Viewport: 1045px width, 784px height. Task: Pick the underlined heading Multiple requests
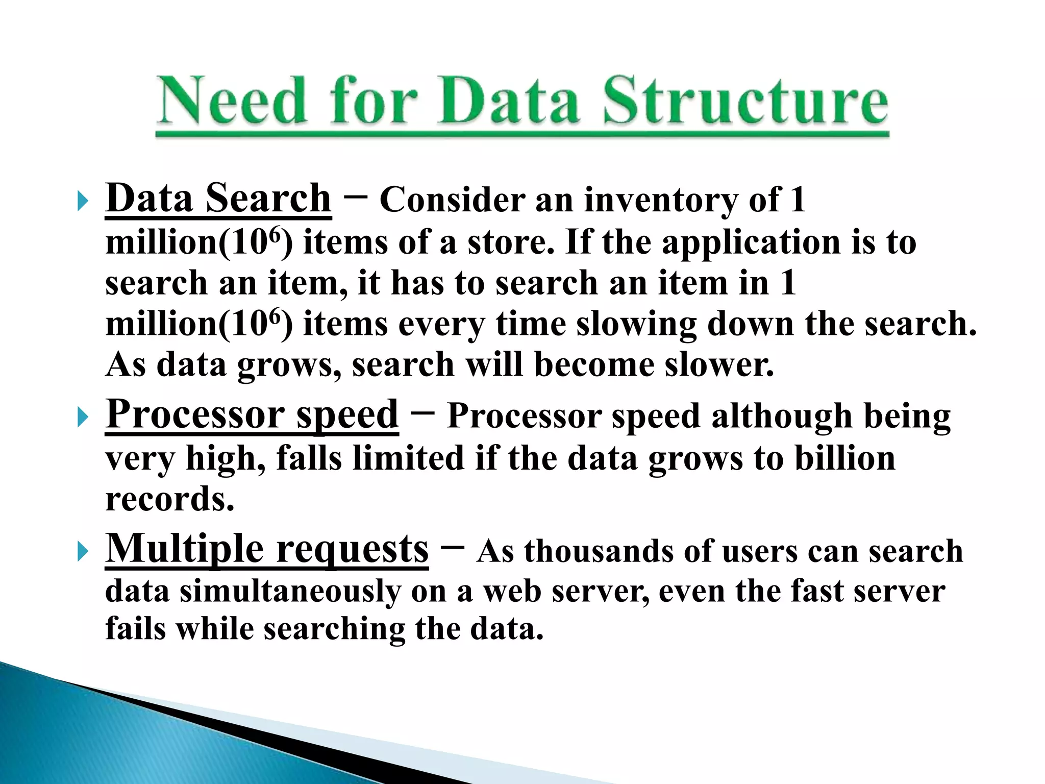pyautogui.click(x=267, y=549)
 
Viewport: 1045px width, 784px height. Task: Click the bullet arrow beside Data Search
pyautogui.click(x=82, y=201)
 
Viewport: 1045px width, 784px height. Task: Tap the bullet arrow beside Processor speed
pyautogui.click(x=82, y=418)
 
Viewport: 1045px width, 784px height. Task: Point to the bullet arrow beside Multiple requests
pyautogui.click(x=82, y=552)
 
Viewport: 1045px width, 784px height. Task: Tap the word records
pyautogui.click(x=169, y=499)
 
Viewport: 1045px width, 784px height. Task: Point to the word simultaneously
pyautogui.click(x=290, y=592)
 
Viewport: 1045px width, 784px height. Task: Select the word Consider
pyautogui.click(x=452, y=200)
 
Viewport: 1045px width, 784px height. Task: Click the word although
pyautogui.click(x=782, y=416)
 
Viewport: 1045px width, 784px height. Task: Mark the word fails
pyautogui.click(x=135, y=628)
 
